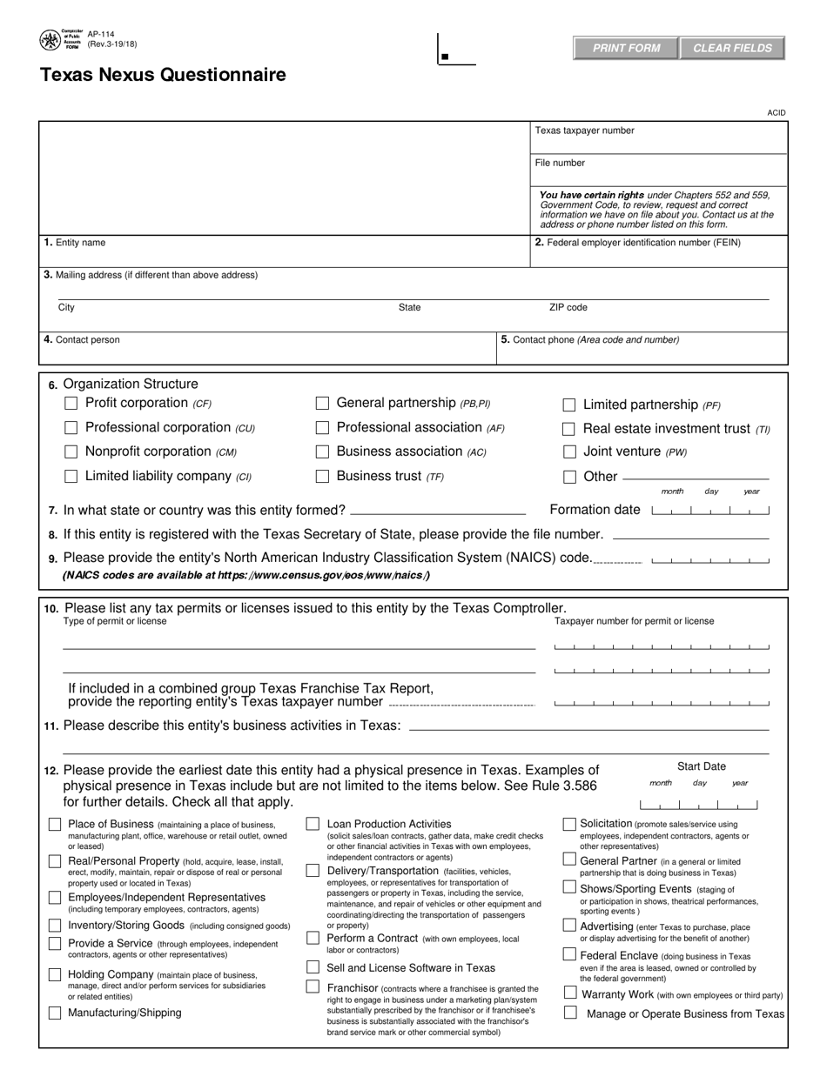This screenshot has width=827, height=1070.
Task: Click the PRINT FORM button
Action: point(626,48)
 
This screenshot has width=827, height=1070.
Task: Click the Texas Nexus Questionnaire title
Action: point(163,75)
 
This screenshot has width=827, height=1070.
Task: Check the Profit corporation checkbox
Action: point(72,403)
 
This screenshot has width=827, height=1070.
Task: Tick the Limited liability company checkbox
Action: point(72,476)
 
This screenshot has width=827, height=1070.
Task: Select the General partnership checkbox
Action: point(322,403)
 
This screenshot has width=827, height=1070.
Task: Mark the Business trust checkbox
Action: point(322,476)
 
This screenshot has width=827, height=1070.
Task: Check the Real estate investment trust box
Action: point(569,429)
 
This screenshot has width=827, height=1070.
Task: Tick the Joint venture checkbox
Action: point(569,452)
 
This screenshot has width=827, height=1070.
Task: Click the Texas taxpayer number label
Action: point(584,130)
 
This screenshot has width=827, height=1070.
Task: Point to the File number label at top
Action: point(560,163)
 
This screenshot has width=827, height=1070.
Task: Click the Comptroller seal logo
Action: point(50,41)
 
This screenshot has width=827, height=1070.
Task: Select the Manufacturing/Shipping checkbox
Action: point(55,1013)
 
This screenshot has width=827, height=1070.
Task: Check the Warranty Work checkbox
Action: point(569,993)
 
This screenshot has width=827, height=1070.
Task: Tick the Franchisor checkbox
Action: point(313,986)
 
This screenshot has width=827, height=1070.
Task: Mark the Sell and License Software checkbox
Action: point(313,967)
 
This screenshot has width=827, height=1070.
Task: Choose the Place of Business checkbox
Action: point(55,824)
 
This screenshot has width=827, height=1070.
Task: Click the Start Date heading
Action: point(702,766)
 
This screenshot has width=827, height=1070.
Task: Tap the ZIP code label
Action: point(568,308)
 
